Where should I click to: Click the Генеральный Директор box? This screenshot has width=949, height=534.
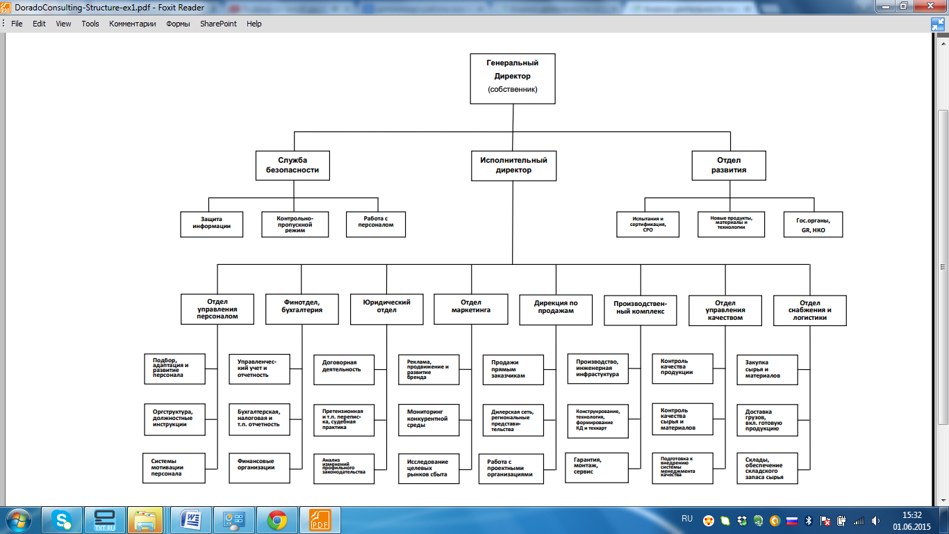point(513,78)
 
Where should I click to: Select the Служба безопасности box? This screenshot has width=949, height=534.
point(292,165)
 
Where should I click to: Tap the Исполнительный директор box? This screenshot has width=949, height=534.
point(513,165)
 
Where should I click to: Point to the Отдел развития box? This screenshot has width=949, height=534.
point(729,165)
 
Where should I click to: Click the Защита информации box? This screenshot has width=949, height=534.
point(212,223)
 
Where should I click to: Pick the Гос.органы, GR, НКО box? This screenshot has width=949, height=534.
point(813,225)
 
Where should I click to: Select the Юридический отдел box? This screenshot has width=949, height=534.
point(386,309)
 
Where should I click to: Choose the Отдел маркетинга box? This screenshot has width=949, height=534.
point(471,309)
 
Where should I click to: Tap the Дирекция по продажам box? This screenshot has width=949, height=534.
point(556,309)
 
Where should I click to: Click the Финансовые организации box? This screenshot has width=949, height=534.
point(259,464)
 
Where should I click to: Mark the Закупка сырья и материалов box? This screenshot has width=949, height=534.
point(767,369)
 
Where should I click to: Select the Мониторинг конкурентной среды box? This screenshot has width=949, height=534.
point(429,419)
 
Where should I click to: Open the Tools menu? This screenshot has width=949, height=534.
point(90,24)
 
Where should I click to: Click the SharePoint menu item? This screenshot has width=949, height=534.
point(218,24)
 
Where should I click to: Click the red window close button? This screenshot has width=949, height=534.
point(933,6)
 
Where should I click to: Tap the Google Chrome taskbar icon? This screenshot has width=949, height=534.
point(277,520)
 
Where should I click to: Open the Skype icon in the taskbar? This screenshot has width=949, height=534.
point(63,520)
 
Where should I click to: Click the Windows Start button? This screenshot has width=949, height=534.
point(17,520)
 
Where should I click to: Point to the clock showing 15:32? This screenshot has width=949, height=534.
point(911,515)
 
